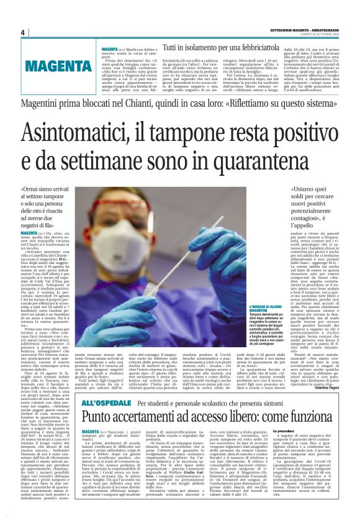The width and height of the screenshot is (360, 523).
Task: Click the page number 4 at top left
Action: (22, 32)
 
